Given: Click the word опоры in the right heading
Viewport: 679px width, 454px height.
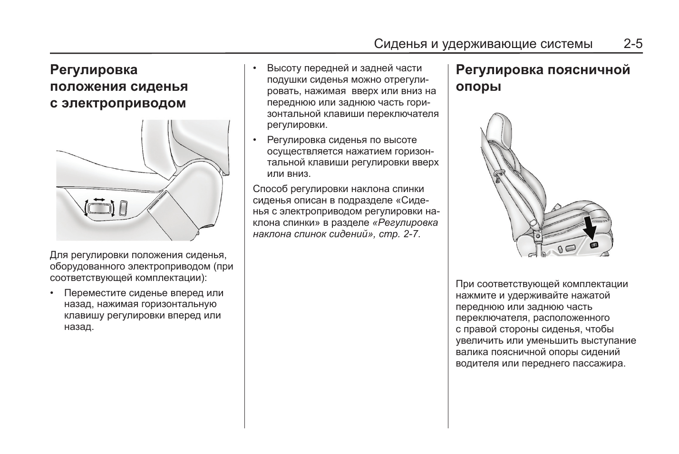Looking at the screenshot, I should tap(478, 87).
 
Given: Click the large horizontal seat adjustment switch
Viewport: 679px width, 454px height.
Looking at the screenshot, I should tap(99, 208).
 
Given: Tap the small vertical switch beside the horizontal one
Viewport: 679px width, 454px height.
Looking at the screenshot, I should tap(123, 207).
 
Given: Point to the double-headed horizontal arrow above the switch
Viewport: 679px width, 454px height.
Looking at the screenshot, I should tap(99, 199).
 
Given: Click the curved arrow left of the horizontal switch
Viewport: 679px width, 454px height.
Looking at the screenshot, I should tap(86, 208).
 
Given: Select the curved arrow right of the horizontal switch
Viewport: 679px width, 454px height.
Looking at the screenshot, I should tap(113, 208).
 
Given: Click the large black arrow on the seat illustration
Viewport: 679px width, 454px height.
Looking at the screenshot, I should tap(590, 228).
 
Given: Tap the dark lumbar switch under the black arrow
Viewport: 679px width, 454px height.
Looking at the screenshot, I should tap(594, 245).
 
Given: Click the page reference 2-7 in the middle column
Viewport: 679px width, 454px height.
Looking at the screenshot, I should tap(411, 234).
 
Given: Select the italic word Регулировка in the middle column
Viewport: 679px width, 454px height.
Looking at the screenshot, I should tap(405, 223).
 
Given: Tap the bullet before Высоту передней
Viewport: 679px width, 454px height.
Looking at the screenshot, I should tap(255, 69).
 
